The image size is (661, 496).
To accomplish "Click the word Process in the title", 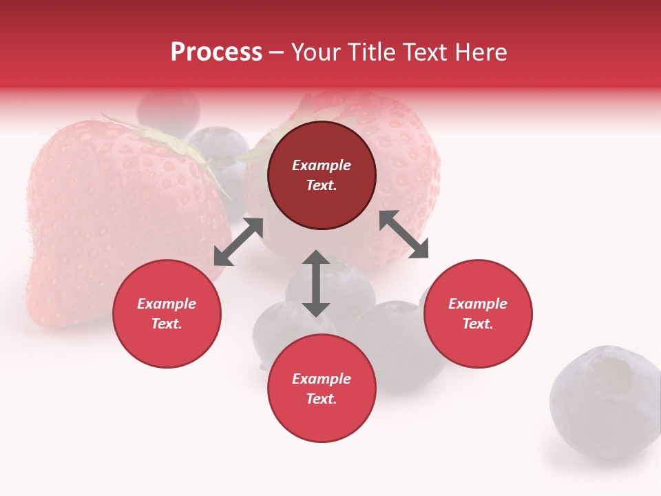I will (x=216, y=52).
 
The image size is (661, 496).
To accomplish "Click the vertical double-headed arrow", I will (x=316, y=283).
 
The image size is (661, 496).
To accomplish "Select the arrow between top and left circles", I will (x=238, y=242).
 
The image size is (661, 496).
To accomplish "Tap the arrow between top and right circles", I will (x=404, y=234).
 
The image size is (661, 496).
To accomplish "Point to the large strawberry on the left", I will (x=103, y=220).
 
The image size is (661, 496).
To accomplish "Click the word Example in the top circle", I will (x=322, y=165).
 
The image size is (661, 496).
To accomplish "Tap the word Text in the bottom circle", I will (x=322, y=399).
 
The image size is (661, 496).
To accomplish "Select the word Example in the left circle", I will (x=167, y=304).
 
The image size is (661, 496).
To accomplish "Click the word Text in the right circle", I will (x=478, y=324).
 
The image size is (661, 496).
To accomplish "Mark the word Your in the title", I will (x=316, y=52).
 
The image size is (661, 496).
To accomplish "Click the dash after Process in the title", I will (x=277, y=52).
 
